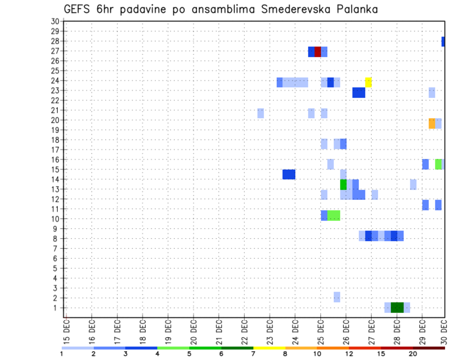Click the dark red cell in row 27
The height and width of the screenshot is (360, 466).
coord(317,51)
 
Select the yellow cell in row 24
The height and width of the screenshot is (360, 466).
coord(368,82)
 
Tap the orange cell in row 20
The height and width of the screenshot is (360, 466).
coord(432,123)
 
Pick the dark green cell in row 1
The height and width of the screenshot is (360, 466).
coord(397,308)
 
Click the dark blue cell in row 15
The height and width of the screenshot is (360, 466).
coord(289,174)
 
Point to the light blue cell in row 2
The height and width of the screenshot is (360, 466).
coord(337,297)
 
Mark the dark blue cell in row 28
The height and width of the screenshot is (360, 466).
coord(443,42)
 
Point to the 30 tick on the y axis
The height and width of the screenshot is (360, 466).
coord(55,21)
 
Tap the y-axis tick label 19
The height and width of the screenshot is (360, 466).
coord(55,130)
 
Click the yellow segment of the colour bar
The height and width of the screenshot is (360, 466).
coord(269,348)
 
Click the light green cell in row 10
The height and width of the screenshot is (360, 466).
coord(333,215)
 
